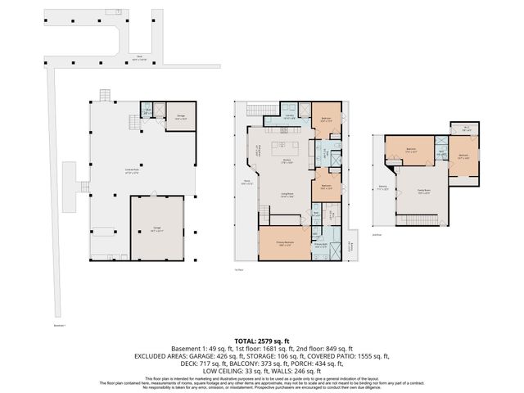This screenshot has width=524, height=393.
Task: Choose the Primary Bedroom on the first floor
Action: (x=283, y=244)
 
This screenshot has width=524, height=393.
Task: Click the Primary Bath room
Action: (x=322, y=245)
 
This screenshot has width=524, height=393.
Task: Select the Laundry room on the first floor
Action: (x=289, y=115)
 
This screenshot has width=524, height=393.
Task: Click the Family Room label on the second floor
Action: (x=424, y=193)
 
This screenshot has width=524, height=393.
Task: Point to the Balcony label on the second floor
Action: (x=382, y=187)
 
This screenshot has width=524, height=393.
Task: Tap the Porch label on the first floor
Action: (x=245, y=183)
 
